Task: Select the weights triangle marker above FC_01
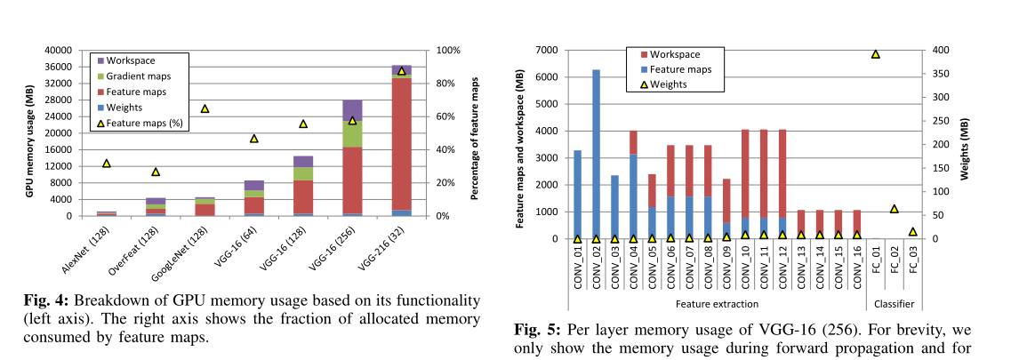point(875,54)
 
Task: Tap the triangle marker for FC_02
point(894,209)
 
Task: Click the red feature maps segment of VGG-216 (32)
point(401,142)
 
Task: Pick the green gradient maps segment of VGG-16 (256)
point(352,133)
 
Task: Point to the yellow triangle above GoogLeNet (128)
point(205,108)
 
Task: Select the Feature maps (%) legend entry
point(144,124)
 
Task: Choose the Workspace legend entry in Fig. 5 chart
point(675,54)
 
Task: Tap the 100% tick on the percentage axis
point(447,51)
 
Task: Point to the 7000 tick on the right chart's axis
point(546,50)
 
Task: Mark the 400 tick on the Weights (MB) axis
point(935,50)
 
